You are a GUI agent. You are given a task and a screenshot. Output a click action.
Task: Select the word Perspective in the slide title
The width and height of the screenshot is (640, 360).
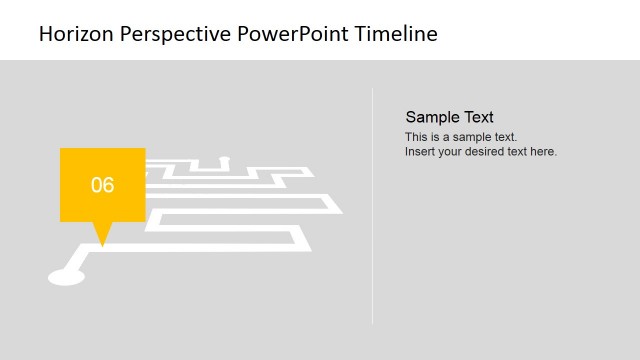(175, 34)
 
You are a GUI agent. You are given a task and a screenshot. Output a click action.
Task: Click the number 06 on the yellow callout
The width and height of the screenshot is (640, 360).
(103, 185)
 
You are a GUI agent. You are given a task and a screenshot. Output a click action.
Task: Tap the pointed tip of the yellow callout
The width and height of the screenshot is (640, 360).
(101, 243)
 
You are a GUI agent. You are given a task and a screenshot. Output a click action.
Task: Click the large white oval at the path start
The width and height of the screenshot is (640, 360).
(66, 274)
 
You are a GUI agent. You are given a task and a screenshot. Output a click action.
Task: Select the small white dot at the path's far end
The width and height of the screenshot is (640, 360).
(225, 158)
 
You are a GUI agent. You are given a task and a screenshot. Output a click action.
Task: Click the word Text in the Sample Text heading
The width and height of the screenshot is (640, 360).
(478, 117)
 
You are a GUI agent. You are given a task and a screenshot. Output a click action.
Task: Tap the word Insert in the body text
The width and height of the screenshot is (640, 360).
(420, 152)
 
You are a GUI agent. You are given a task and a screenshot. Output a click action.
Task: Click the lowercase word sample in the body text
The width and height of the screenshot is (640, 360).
(477, 137)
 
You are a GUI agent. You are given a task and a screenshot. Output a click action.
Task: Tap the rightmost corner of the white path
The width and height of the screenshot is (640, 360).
(341, 212)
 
